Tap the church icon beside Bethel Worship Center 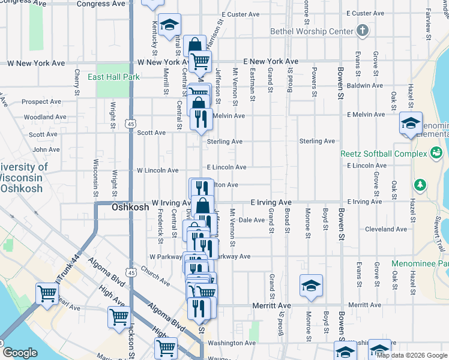(362, 30)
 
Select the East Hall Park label (113, 77)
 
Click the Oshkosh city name (130, 206)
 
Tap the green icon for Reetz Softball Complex (437, 154)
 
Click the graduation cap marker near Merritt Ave (311, 286)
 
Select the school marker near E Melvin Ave (411, 124)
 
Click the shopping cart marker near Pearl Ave (47, 294)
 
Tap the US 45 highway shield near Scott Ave (131, 124)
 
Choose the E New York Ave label (271, 62)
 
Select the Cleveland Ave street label (386, 229)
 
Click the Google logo (20, 353)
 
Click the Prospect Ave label (43, 102)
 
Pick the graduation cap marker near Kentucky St (170, 25)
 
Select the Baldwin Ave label (365, 86)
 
